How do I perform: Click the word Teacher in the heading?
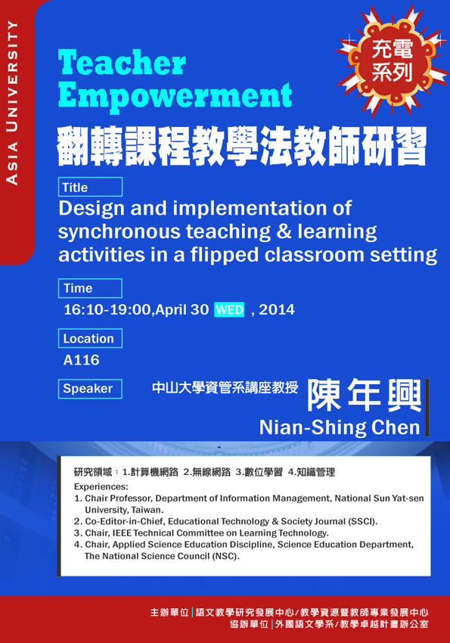(122, 63)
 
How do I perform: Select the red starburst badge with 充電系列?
(393, 61)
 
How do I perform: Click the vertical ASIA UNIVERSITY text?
(13, 103)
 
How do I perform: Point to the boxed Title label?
(90, 187)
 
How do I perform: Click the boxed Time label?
(90, 288)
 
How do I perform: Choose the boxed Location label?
(90, 338)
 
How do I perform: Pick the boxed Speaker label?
(90, 388)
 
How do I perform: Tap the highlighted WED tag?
(229, 309)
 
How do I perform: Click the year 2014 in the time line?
(277, 309)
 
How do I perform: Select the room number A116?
(81, 360)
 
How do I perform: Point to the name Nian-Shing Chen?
(340, 427)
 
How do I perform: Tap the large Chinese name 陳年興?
(365, 396)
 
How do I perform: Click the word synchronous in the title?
(119, 232)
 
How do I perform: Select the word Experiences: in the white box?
(101, 486)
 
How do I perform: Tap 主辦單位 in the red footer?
(169, 612)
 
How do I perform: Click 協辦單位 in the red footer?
(249, 624)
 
